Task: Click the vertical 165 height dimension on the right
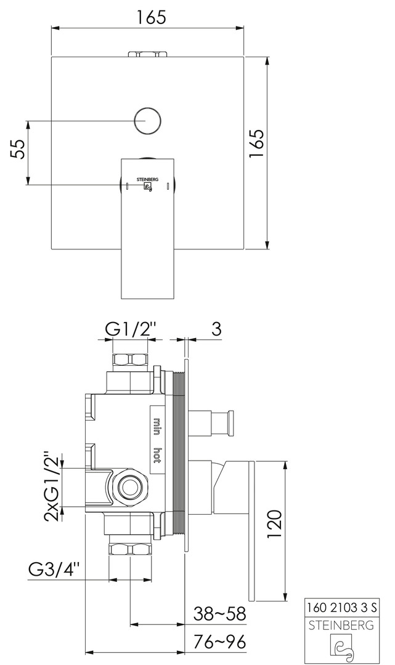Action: (257, 143)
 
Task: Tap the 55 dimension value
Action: (17, 149)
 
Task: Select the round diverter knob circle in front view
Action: (148, 120)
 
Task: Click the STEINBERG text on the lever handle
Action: (147, 179)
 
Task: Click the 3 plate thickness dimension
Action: (216, 329)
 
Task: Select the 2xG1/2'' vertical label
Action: (52, 487)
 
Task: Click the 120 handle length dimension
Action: (274, 524)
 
